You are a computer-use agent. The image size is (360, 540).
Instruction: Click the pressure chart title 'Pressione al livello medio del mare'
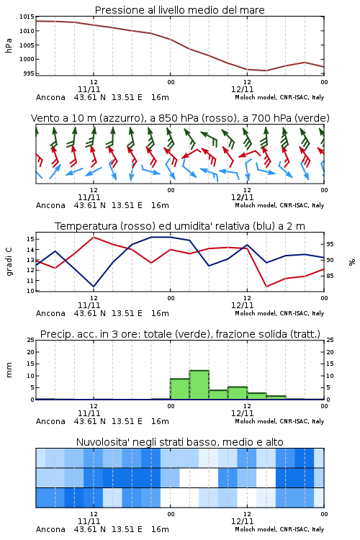coord(179,10)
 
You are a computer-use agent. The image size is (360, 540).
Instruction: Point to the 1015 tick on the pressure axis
coord(27,17)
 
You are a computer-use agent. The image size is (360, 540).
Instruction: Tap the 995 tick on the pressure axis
coord(29,73)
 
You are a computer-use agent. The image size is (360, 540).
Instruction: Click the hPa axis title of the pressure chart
coord(9,45)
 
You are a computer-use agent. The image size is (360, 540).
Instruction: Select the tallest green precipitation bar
coord(199,384)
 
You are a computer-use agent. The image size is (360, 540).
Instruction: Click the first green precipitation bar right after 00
coord(180,389)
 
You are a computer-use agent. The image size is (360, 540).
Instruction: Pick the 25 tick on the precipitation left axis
coord(31,340)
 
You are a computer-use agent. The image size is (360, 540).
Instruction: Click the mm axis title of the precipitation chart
coord(9,369)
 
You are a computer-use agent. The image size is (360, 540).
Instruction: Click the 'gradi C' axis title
coord(9,261)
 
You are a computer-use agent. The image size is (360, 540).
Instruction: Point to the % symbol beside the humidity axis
coord(352,262)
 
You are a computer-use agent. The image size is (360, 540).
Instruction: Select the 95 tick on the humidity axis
coord(330,244)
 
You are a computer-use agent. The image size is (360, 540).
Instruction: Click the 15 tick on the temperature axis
coord(31,239)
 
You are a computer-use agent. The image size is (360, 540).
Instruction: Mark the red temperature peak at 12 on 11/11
coord(94,237)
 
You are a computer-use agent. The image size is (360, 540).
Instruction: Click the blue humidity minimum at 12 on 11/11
coord(94,287)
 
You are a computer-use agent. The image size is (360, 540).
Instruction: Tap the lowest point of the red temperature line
coord(266,286)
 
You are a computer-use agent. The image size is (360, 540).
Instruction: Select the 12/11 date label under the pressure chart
coord(242,89)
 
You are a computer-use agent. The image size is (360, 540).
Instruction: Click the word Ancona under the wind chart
coord(50,206)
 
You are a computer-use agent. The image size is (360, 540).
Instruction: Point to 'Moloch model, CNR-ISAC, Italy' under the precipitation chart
coord(279,421)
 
